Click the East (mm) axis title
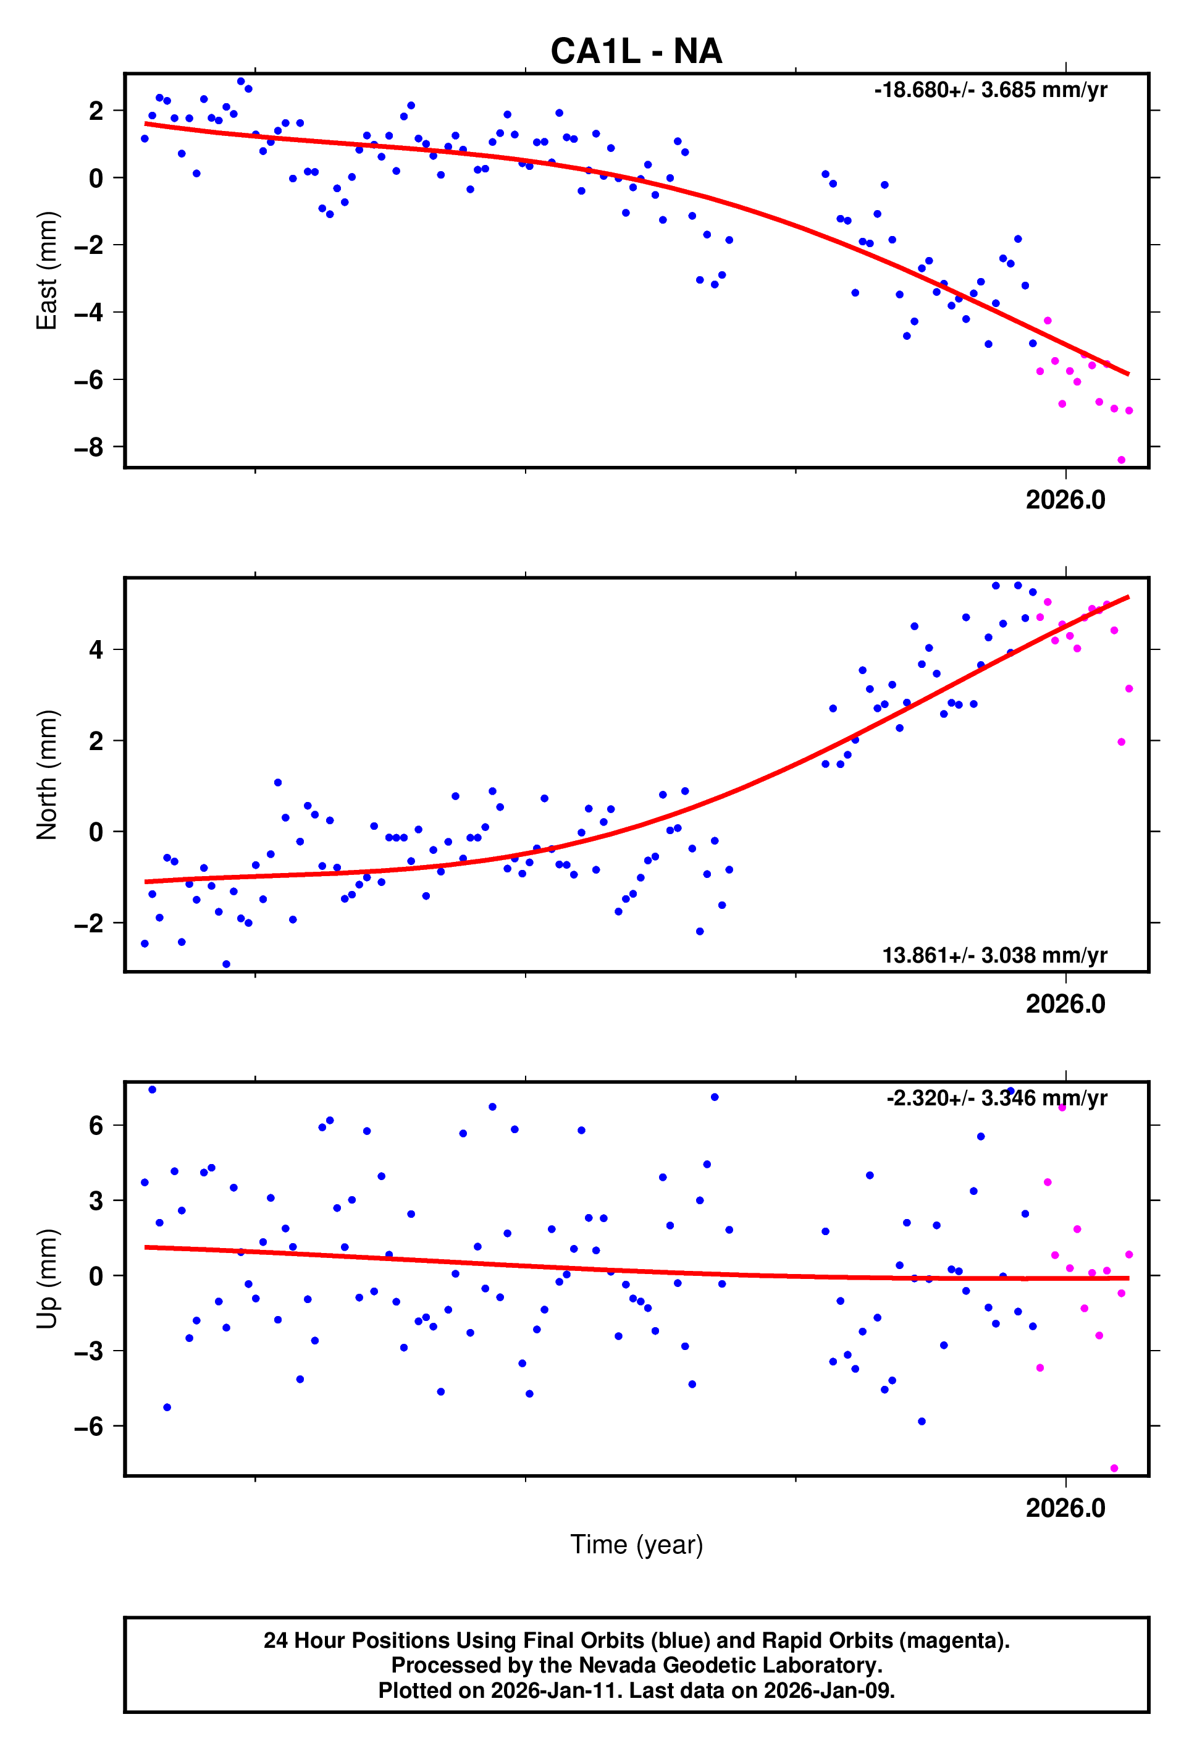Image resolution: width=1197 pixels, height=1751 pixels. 47,271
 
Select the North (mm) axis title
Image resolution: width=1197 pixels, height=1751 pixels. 47,775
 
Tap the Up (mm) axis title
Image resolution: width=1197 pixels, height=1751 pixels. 47,1278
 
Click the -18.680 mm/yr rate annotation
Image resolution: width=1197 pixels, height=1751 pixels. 990,90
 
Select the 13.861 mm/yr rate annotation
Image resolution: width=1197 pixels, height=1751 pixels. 994,955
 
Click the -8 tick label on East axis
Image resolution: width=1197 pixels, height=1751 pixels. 89,447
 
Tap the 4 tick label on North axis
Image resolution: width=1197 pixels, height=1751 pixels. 96,649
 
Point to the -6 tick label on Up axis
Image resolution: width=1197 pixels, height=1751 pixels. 89,1426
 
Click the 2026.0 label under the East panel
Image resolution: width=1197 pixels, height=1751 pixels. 1065,500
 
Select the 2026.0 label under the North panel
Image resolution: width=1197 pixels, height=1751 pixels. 1065,1005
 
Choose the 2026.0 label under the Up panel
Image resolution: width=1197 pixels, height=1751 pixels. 1065,1508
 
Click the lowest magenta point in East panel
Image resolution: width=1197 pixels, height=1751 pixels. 1121,460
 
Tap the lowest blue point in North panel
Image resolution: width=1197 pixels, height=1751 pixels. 226,964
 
